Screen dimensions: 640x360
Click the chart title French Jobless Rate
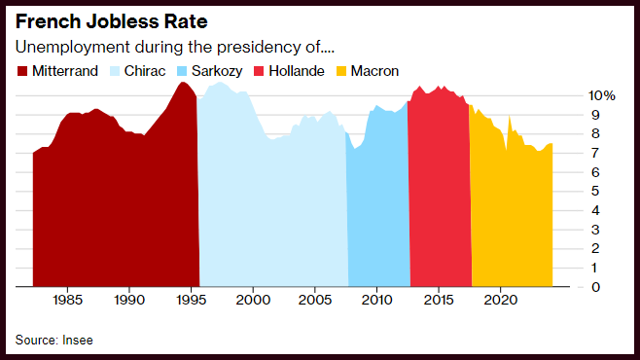pos(112,21)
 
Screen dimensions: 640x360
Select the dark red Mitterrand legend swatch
pos(22,71)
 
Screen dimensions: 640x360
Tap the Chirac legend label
pos(145,71)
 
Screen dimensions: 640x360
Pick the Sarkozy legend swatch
pos(182,71)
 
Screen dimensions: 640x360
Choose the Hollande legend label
pos(297,71)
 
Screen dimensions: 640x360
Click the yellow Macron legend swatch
pos(341,71)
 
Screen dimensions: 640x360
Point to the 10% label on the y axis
pos(602,95)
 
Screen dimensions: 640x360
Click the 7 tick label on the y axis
pos(595,153)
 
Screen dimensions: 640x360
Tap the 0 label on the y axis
pos(595,287)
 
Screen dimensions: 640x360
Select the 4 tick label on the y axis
pos(595,210)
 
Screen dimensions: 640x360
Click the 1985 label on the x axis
pos(67,300)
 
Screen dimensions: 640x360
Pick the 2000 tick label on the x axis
pos(253,300)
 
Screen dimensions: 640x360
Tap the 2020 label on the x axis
pos(501,300)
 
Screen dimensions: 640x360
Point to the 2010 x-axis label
pos(376,300)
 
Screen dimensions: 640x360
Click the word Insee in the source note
pos(78,340)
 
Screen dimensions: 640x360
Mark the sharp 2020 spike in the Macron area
pos(509,117)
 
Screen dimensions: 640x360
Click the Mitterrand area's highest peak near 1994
pos(183,83)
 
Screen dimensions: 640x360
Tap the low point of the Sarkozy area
pos(354,148)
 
